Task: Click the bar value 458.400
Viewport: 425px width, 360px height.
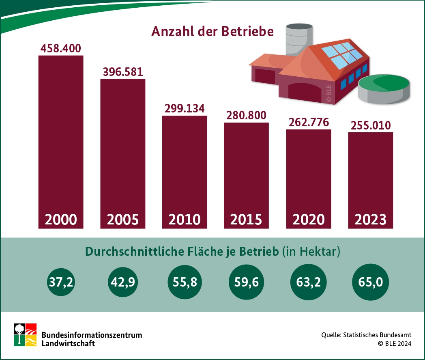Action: click(61, 48)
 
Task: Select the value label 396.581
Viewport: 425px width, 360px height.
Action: click(122, 71)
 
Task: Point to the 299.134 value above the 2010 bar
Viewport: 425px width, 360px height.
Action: click(185, 109)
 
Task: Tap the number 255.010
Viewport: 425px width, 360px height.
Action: click(370, 125)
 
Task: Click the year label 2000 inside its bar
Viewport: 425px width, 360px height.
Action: click(61, 219)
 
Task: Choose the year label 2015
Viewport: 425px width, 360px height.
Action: click(246, 219)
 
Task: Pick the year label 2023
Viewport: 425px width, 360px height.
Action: click(370, 219)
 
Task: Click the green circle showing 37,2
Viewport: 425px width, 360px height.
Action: click(61, 282)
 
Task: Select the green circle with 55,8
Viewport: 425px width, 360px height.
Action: click(185, 282)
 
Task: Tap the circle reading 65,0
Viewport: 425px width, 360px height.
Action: click(371, 282)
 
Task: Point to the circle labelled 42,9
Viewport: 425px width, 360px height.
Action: click(122, 282)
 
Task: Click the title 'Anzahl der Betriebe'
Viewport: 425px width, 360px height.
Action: click(212, 32)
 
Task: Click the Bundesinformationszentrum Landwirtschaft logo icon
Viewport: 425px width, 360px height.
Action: click(25, 335)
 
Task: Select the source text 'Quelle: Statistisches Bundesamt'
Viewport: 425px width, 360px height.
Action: click(366, 335)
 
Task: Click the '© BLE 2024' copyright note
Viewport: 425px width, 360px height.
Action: click(394, 343)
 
